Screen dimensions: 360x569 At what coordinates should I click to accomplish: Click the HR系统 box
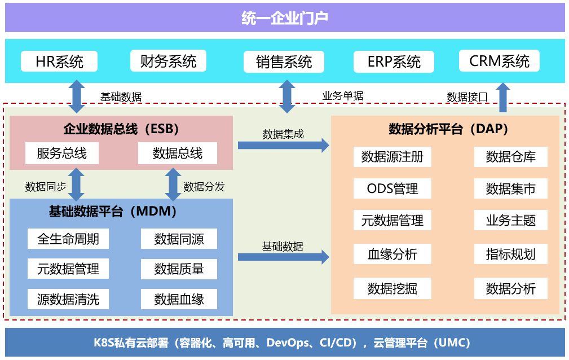[x=59, y=61]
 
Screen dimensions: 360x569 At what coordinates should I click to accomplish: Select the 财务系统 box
[x=168, y=61]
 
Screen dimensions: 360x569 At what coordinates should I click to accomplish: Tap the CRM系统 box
[x=499, y=61]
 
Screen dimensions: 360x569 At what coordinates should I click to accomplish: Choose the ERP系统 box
[x=394, y=62]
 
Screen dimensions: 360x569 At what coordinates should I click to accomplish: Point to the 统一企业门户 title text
[x=285, y=18]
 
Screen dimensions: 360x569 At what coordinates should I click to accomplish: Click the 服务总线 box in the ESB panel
[x=62, y=153]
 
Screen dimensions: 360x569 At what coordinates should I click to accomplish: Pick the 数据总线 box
[x=178, y=153]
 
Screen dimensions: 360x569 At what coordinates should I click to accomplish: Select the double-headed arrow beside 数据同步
[x=75, y=185]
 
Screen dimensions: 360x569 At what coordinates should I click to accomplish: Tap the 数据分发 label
[x=204, y=186]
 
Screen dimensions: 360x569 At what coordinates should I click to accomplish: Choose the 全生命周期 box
[x=68, y=239]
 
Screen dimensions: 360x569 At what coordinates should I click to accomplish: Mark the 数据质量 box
[x=179, y=269]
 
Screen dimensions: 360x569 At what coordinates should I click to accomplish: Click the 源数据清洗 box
[x=68, y=299]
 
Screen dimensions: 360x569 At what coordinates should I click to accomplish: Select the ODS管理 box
[x=392, y=188]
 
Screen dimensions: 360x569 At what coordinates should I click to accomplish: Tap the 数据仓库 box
[x=511, y=156]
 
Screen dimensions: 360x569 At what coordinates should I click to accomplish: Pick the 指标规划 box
[x=511, y=254]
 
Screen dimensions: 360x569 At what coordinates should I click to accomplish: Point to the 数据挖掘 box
[x=392, y=288]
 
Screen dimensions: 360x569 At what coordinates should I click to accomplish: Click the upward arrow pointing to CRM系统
[x=502, y=98]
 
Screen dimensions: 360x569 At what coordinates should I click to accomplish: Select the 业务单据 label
[x=343, y=96]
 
